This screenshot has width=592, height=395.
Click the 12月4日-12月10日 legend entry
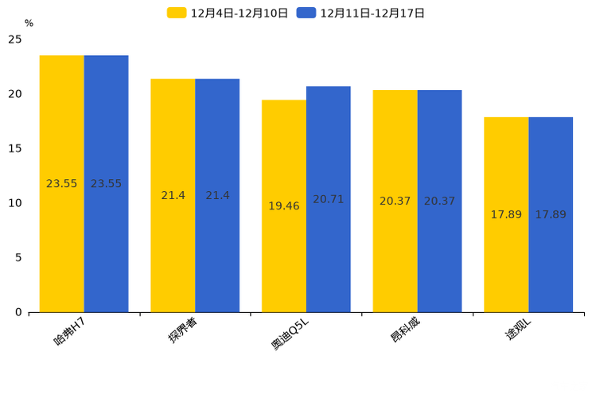[x=228, y=13]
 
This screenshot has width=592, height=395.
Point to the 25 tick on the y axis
[x=15, y=39]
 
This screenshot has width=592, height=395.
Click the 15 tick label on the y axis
[x=15, y=148]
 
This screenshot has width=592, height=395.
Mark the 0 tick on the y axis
[x=18, y=312]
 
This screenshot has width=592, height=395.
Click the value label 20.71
[x=328, y=199]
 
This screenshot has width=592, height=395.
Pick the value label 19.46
[x=284, y=206]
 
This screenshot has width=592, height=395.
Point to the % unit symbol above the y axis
[x=29, y=24]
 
